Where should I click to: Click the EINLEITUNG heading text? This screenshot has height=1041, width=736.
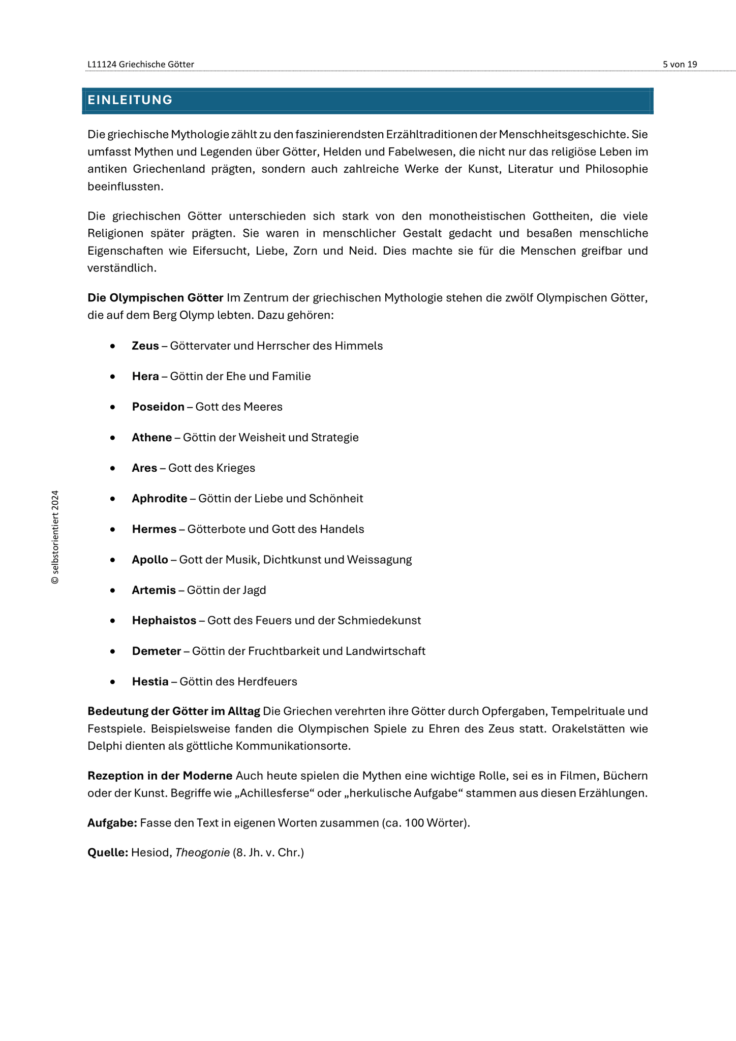[130, 100]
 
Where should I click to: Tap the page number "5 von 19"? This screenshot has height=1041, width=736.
[680, 65]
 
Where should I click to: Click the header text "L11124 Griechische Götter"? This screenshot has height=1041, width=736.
[141, 65]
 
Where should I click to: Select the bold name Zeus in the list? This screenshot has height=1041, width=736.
[145, 346]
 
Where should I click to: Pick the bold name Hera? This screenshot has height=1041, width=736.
[145, 377]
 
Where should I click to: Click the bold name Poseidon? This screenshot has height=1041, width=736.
[158, 407]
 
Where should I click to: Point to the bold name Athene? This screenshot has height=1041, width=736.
[152, 438]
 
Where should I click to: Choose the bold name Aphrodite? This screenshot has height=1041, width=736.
[160, 499]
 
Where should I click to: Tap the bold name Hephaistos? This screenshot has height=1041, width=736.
[164, 621]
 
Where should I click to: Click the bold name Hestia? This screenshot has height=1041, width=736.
[150, 682]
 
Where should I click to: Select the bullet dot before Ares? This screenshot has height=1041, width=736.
[113, 468]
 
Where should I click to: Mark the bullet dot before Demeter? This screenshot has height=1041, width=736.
[113, 651]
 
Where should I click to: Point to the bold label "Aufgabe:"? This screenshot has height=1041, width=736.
[112, 823]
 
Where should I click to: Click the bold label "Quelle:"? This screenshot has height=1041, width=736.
[108, 852]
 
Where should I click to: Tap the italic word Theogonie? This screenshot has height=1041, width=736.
[202, 852]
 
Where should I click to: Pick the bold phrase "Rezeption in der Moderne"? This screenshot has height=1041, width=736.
[160, 776]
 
